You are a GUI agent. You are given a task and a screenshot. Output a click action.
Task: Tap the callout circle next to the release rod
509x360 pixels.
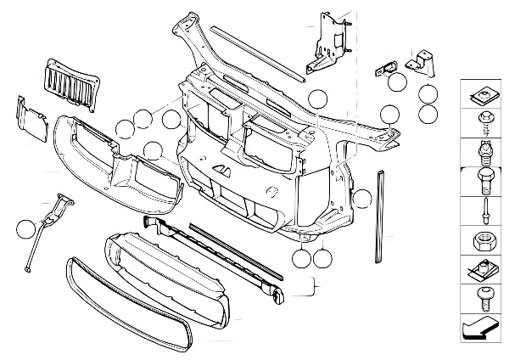[x=25, y=228]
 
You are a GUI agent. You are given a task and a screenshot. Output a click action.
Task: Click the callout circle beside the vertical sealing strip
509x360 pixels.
[x=362, y=200]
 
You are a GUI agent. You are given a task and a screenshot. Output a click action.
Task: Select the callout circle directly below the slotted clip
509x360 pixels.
[x=396, y=82]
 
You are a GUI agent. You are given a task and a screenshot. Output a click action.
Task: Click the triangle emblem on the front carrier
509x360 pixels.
[x=223, y=170]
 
